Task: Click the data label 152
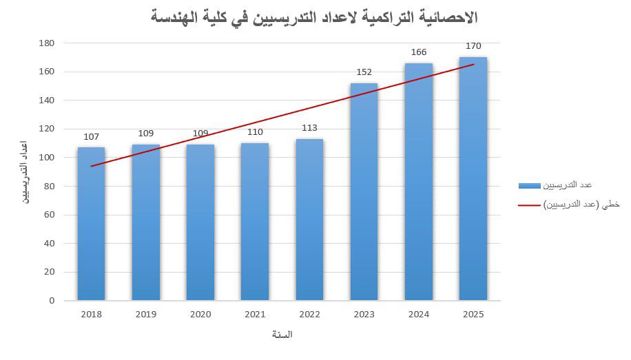click(364, 72)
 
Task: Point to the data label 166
click(419, 52)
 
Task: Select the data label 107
click(91, 136)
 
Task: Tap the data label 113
click(309, 127)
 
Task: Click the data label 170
click(473, 46)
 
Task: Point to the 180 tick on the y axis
click(47, 43)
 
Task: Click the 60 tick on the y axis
click(49, 215)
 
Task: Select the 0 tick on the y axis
click(51, 301)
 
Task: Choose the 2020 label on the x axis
click(200, 315)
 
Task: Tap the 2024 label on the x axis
click(419, 315)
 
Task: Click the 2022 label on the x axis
click(309, 315)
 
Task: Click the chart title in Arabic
click(314, 17)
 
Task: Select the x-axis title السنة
click(282, 335)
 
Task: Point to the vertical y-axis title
click(24, 171)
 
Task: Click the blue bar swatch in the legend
click(529, 185)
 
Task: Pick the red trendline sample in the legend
click(529, 204)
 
